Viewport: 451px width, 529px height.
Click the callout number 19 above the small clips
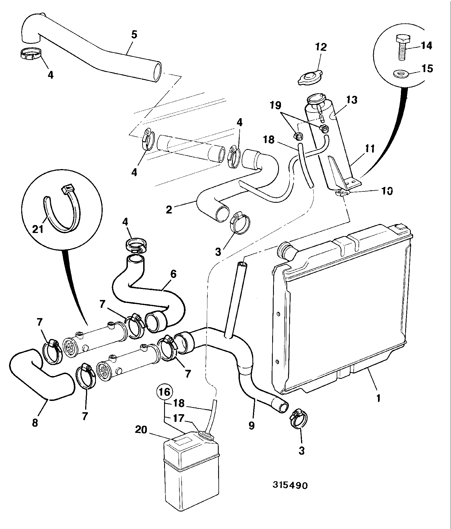click(x=275, y=105)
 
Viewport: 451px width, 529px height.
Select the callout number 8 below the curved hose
click(x=35, y=423)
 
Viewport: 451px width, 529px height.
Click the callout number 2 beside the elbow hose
click(x=169, y=210)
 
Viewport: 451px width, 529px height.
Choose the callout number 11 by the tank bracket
click(x=369, y=148)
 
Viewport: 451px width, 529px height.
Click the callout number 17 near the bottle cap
click(x=179, y=418)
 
